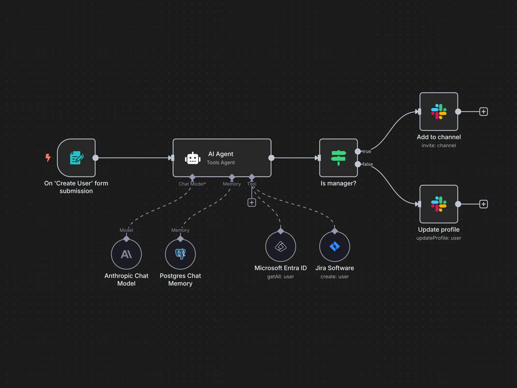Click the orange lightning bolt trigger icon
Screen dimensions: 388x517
point(48,157)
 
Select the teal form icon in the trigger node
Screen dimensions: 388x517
point(77,158)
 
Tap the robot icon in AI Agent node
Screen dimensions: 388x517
point(193,158)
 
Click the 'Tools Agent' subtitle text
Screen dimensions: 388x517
point(221,162)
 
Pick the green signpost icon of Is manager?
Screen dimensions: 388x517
point(338,158)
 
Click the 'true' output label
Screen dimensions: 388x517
point(367,151)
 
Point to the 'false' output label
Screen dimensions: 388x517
point(367,164)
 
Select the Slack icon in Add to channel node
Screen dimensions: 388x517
point(439,112)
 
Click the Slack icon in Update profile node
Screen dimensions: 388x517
point(439,204)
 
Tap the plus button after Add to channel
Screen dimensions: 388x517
point(483,112)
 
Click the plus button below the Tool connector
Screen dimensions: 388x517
point(252,203)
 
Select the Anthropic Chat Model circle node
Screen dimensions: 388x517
point(126,254)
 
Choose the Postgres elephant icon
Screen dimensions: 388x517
point(180,254)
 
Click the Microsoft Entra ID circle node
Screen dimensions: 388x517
point(280,246)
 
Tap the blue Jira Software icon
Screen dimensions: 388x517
point(334,246)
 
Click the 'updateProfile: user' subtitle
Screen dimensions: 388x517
point(439,238)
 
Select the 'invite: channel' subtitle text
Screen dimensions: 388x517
point(439,145)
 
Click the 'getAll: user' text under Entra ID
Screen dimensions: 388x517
point(280,276)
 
